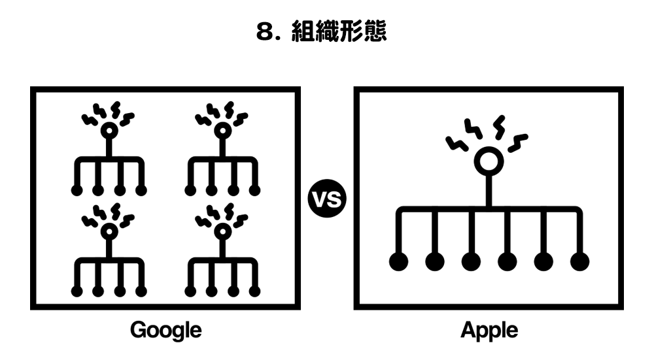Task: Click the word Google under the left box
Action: pyautogui.click(x=165, y=330)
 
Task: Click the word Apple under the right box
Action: pyautogui.click(x=489, y=330)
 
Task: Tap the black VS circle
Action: pyautogui.click(x=328, y=199)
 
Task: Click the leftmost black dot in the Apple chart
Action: pyautogui.click(x=398, y=261)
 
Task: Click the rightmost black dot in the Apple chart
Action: pyautogui.click(x=579, y=261)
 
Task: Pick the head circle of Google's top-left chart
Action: pyautogui.click(x=109, y=131)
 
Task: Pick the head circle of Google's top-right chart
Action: pyautogui.click(x=222, y=131)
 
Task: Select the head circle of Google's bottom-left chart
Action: pyautogui.click(x=109, y=231)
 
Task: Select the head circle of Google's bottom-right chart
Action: pyautogui.click(x=222, y=231)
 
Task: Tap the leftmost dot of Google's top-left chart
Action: pyautogui.click(x=77, y=191)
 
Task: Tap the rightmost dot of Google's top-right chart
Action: pyautogui.click(x=255, y=191)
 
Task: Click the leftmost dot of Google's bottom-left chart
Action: pyautogui.click(x=77, y=291)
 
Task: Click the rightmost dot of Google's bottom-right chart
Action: pyautogui.click(x=255, y=291)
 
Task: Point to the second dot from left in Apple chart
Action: pyautogui.click(x=434, y=261)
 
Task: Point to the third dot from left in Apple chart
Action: pyautogui.click(x=471, y=261)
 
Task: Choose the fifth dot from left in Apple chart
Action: pyautogui.click(x=543, y=261)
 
